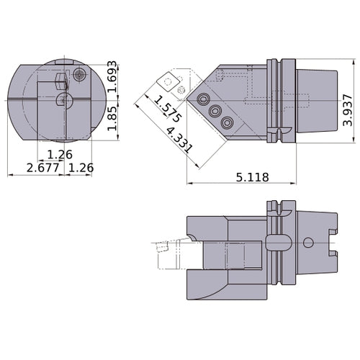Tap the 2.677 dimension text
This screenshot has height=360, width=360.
tap(42, 168)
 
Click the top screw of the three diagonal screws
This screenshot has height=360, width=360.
tap(203, 98)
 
